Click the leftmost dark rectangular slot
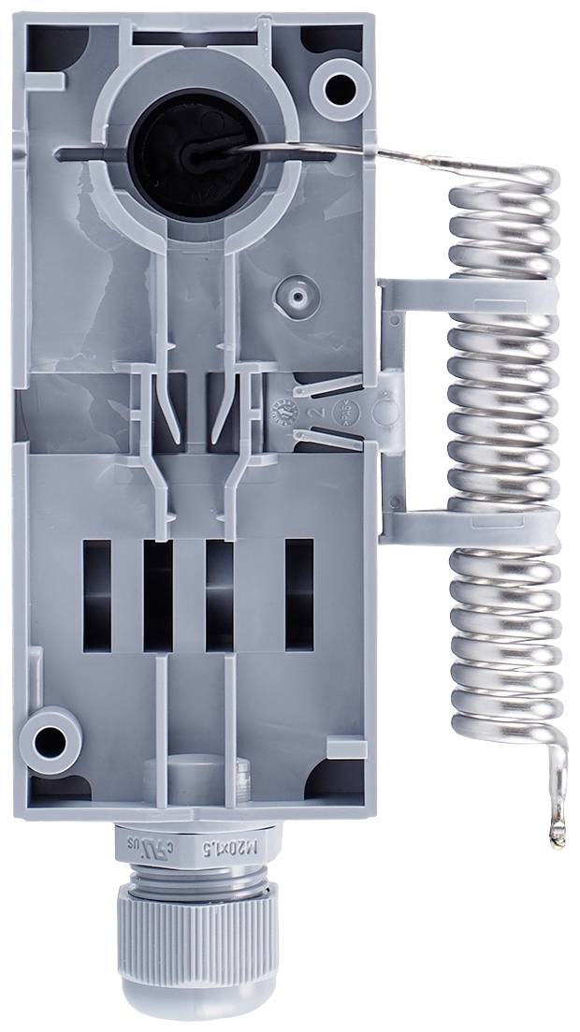pyautogui.click(x=96, y=595)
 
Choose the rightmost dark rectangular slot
pyautogui.click(x=299, y=595)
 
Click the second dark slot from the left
pyautogui.click(x=157, y=595)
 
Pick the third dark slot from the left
pyautogui.click(x=219, y=595)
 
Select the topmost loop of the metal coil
pyautogui.click(x=505, y=184)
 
